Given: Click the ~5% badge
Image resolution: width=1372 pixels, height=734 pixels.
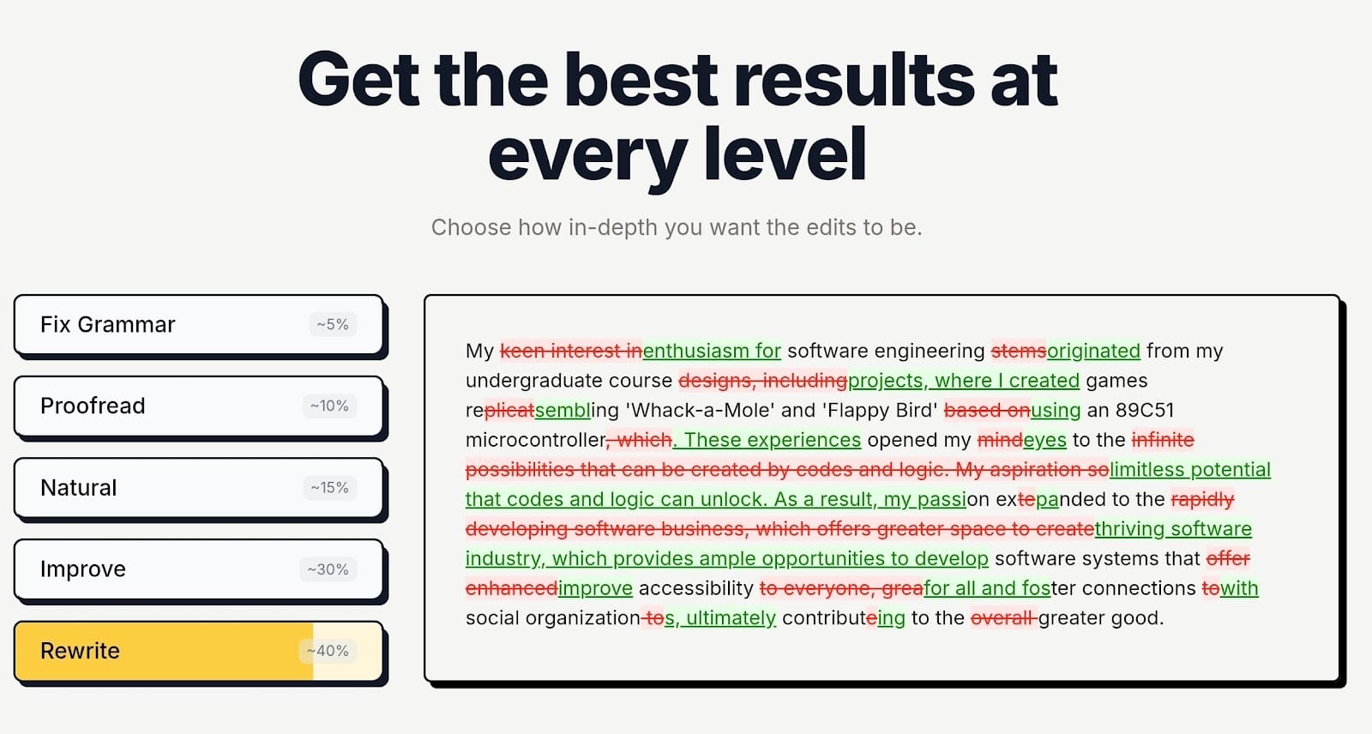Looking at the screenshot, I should click(333, 325).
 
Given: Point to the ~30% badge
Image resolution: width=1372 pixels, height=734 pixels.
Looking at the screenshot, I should click(328, 569).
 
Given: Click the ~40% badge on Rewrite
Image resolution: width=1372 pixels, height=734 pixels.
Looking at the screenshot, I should click(328, 651).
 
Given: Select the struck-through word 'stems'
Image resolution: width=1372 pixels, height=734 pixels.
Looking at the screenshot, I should click(1018, 351).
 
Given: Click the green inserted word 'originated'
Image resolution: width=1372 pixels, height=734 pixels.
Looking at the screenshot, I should click(1093, 351).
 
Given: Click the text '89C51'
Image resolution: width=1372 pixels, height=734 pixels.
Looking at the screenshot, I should click(1144, 410).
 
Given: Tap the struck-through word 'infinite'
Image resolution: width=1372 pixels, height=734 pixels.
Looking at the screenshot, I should click(1163, 440).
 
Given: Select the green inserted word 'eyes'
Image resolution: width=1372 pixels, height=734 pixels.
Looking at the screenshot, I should click(1044, 440).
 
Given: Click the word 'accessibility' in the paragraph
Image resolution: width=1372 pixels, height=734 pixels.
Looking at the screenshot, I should click(695, 588).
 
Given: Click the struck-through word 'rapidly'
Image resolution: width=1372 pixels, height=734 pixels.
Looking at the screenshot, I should click(1202, 499).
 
